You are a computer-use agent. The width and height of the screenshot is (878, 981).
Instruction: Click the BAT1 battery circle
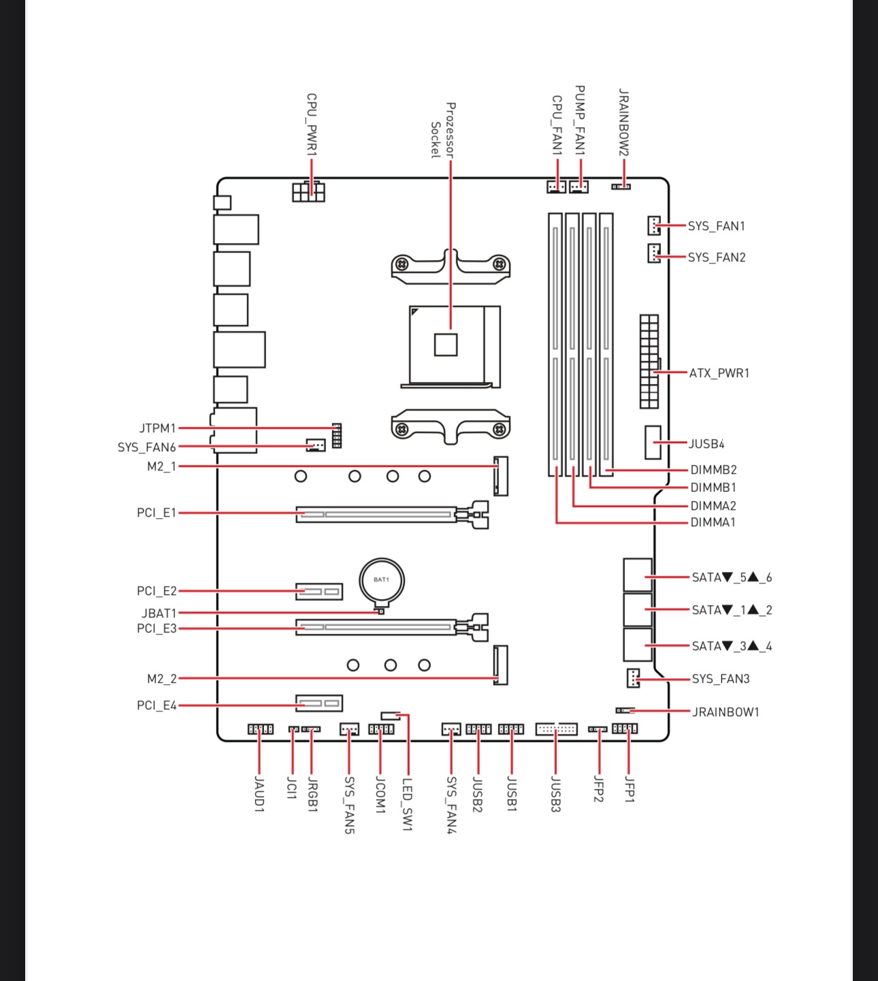[381, 580]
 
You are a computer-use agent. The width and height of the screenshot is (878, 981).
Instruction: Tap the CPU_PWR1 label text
[312, 125]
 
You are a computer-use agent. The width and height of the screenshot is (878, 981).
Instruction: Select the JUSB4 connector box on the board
[653, 443]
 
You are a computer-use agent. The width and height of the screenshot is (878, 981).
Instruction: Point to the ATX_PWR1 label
[719, 373]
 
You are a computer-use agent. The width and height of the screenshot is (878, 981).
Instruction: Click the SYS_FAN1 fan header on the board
[654, 225]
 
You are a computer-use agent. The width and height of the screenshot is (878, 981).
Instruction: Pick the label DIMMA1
[713, 522]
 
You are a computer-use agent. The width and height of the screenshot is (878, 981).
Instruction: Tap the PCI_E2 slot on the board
[319, 592]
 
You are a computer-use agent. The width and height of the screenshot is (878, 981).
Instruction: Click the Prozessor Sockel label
[443, 130]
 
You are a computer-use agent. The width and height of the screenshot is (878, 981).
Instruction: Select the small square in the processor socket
[446, 344]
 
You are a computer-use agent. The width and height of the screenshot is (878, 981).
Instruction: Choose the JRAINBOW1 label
[726, 712]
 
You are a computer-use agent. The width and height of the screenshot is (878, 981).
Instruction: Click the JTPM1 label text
[157, 428]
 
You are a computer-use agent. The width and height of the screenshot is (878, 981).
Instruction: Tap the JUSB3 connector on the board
[556, 728]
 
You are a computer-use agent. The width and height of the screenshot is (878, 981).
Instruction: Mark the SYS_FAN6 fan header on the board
[316, 445]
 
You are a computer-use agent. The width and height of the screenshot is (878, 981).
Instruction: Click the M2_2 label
[162, 679]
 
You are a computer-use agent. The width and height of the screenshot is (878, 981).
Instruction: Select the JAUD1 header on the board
[261, 729]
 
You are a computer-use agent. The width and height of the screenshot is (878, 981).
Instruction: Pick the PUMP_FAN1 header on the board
[579, 187]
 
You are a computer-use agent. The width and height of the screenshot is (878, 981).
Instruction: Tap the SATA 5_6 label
[732, 578]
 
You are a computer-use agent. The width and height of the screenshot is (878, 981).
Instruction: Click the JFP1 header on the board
[625, 728]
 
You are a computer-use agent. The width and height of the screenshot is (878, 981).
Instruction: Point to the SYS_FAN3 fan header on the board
[633, 678]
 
